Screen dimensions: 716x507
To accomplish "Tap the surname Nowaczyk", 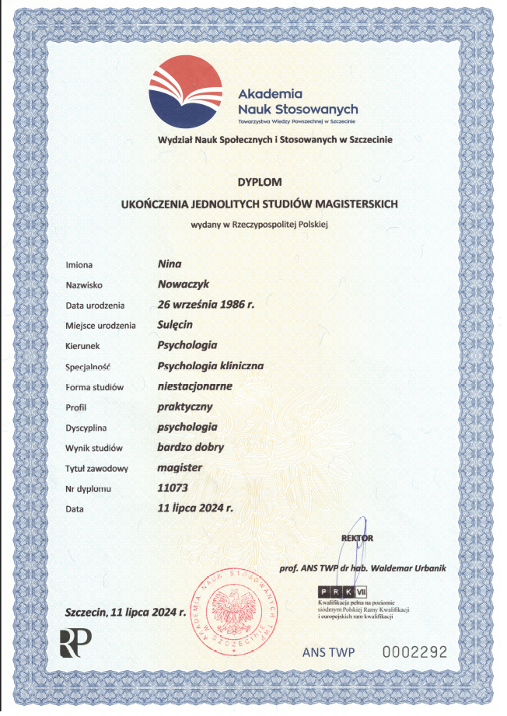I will click(x=184, y=285).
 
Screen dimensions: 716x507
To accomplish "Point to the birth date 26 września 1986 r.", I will click(x=205, y=305).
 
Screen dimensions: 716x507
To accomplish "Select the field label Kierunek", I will click(x=84, y=345).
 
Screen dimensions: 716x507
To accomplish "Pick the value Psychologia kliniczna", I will click(x=210, y=365).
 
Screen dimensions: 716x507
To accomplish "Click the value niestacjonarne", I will click(x=194, y=386).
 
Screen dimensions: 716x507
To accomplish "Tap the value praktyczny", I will click(x=184, y=406).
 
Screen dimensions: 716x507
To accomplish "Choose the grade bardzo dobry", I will click(x=190, y=447).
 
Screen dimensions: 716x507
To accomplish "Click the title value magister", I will click(x=180, y=467).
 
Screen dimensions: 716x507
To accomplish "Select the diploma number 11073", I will click(x=173, y=487).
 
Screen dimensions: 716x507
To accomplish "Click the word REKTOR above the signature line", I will click(x=358, y=538).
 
